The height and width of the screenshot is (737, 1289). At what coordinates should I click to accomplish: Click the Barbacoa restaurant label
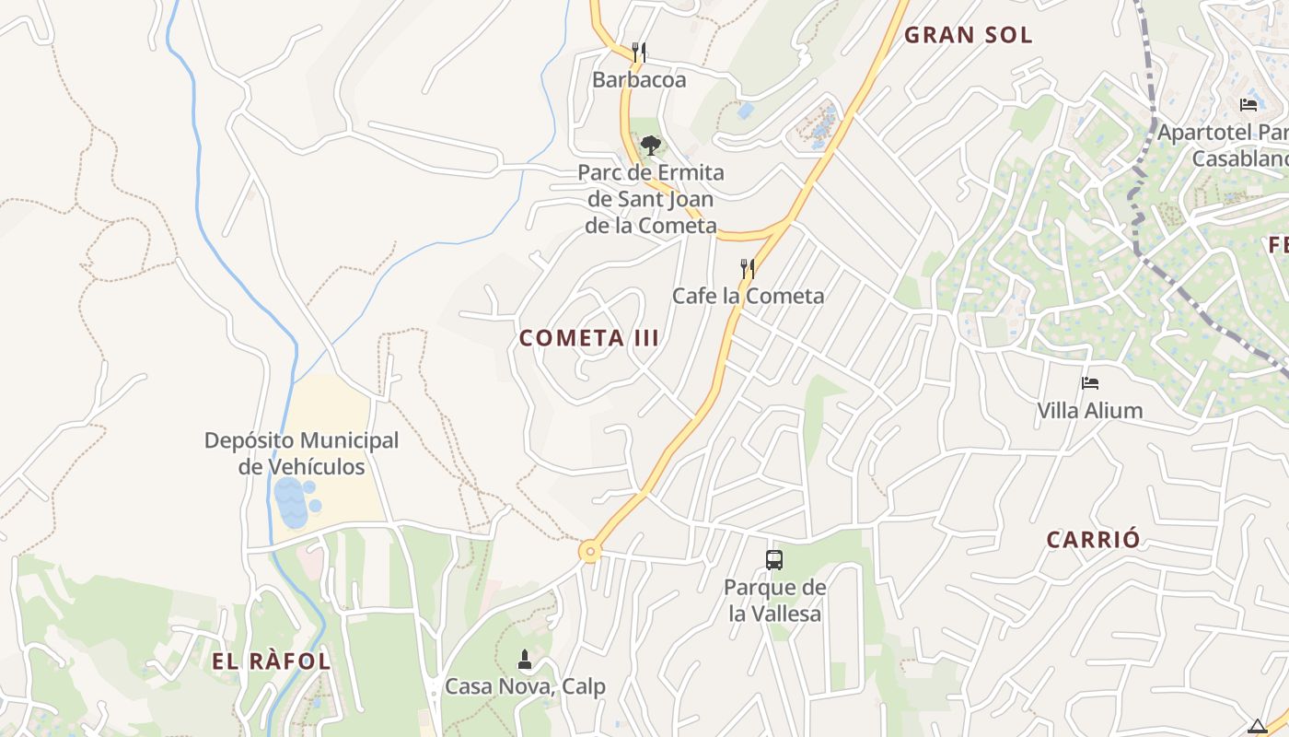pos(639,79)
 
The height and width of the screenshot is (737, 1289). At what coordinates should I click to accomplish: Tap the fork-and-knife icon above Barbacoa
pos(639,52)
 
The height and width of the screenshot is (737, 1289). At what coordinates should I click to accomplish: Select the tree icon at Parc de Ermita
pos(651,145)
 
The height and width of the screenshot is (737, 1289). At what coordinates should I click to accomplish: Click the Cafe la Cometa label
pos(748,296)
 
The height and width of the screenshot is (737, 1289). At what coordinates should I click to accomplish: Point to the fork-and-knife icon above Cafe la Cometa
pos(748,269)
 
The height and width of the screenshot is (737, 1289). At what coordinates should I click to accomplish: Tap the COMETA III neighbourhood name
pos(589,338)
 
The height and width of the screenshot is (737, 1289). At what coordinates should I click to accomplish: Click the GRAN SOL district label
pos(969,35)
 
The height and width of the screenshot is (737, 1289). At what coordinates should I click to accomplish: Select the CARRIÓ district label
pos(1094,540)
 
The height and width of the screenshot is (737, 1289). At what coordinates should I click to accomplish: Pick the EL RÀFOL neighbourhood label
pos(272,661)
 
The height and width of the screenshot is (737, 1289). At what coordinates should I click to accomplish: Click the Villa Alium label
pos(1090,410)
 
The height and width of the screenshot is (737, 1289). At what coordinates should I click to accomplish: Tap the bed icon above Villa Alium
pos(1090,383)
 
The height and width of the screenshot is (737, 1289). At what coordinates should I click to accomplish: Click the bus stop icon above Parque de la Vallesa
pos(774,559)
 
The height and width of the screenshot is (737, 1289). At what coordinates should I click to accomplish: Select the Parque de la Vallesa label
pos(774,600)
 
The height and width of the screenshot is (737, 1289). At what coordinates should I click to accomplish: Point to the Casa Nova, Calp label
pos(525,686)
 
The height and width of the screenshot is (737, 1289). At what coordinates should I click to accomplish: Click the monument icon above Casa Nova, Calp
pos(525,659)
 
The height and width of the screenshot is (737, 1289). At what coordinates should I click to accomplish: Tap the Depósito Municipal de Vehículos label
pos(302,453)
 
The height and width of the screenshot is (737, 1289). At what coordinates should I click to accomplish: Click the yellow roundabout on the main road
pos(590,552)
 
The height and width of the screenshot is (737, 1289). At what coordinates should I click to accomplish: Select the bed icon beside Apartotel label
pos(1248,105)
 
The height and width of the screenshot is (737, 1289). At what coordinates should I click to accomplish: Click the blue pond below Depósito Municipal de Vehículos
pos(292,503)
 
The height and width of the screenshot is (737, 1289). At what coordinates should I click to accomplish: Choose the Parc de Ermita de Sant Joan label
pos(651,199)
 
